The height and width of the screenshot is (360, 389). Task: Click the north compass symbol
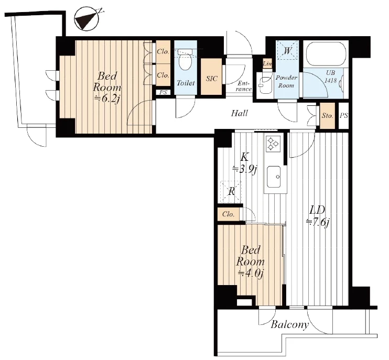pos(88,18)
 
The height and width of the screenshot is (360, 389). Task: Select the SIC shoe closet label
pos(212,79)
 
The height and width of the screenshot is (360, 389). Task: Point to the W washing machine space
pos(287,51)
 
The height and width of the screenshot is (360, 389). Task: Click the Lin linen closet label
pos(267,63)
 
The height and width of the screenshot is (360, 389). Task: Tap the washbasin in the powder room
pos(264,83)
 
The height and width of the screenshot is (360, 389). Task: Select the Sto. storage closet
pos(328,116)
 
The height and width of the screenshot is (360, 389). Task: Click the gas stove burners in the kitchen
pos(273,144)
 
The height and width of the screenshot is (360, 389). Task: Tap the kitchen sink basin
pos(274,177)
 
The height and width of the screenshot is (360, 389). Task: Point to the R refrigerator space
pos(231,191)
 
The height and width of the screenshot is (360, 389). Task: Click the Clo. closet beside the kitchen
pos(229,214)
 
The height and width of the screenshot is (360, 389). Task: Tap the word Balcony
pos(289,324)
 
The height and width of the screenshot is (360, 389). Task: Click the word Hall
pos(240,113)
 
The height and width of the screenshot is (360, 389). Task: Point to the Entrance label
pos(244,86)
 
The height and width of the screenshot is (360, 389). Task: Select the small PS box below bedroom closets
pos(163,92)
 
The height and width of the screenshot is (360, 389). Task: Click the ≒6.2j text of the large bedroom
pos(107,99)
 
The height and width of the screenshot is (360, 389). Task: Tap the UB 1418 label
pos(331,77)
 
